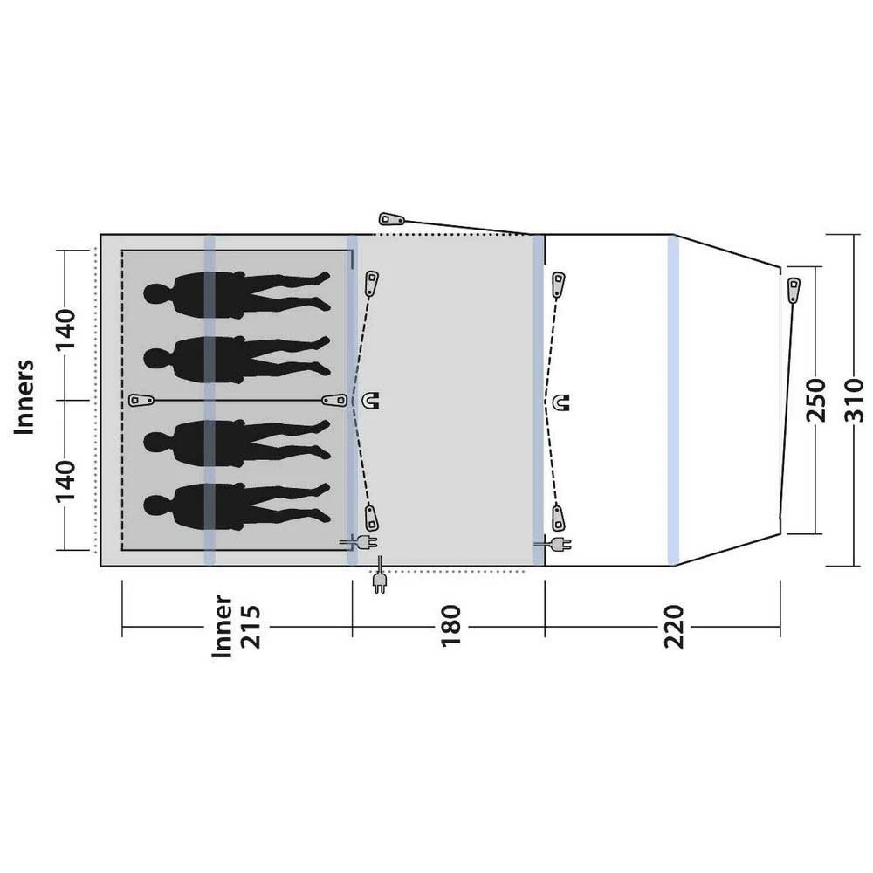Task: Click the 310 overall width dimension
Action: [854, 400]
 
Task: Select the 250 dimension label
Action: [815, 400]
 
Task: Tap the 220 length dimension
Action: [674, 626]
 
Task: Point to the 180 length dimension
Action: [451, 626]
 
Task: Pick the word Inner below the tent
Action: [222, 626]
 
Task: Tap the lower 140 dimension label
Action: [65, 481]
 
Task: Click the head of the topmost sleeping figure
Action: [155, 294]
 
